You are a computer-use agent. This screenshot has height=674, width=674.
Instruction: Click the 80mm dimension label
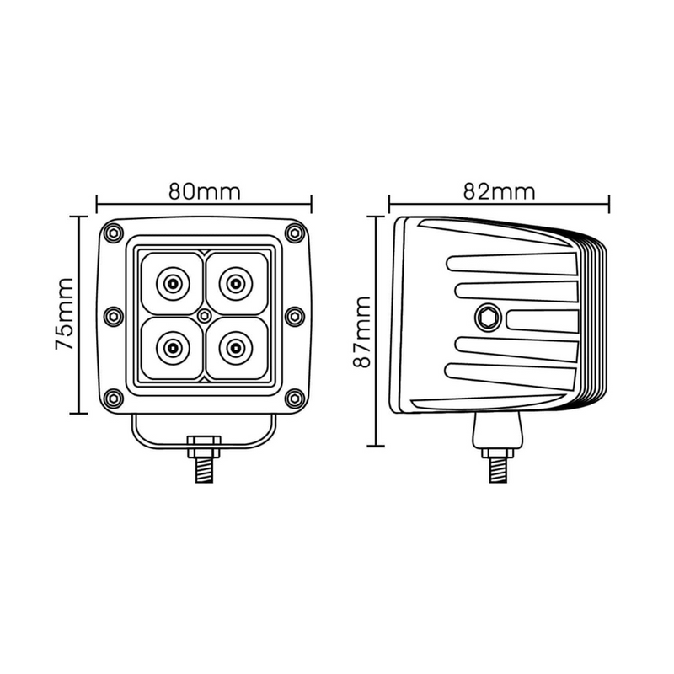pyautogui.click(x=204, y=190)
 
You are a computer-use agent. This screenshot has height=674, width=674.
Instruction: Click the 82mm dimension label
pyautogui.click(x=499, y=190)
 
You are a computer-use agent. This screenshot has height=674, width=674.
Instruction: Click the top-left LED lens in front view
pyautogui.click(x=173, y=282)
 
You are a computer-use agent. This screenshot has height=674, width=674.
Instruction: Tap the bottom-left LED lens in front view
pyautogui.click(x=173, y=345)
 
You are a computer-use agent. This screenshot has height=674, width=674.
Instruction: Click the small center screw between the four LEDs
pyautogui.click(x=204, y=314)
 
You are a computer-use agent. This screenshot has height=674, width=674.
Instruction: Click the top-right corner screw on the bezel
pyautogui.click(x=294, y=233)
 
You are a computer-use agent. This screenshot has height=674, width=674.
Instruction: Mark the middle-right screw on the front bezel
pyautogui.click(x=294, y=315)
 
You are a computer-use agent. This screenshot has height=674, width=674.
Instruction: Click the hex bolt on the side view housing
pyautogui.click(x=486, y=318)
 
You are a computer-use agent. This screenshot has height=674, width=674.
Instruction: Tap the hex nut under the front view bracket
pyautogui.click(x=204, y=443)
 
